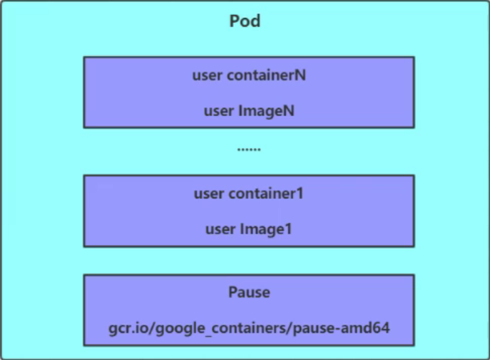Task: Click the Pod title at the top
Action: pyautogui.click(x=245, y=21)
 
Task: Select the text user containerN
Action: pyautogui.click(x=249, y=75)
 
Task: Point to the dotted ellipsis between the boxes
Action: pyautogui.click(x=249, y=150)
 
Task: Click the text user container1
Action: pyautogui.click(x=249, y=193)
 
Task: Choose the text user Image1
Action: pyautogui.click(x=249, y=229)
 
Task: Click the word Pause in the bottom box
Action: pyautogui.click(x=249, y=293)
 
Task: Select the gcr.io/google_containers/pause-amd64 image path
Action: pyautogui.click(x=249, y=329)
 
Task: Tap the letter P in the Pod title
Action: pyautogui.click(x=235, y=21)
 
